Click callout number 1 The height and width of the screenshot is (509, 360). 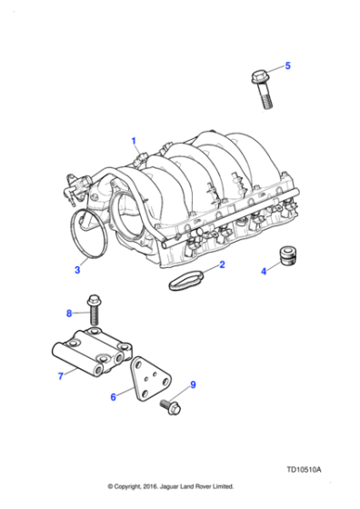134,141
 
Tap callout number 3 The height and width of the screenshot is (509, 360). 77,270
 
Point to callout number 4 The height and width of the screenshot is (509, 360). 265,270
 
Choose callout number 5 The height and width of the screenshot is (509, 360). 288,65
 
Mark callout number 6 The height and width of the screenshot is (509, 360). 114,396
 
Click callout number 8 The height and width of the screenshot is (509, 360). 68,314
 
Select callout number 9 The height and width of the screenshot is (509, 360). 192,384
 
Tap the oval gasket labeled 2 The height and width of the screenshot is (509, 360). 191,279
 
